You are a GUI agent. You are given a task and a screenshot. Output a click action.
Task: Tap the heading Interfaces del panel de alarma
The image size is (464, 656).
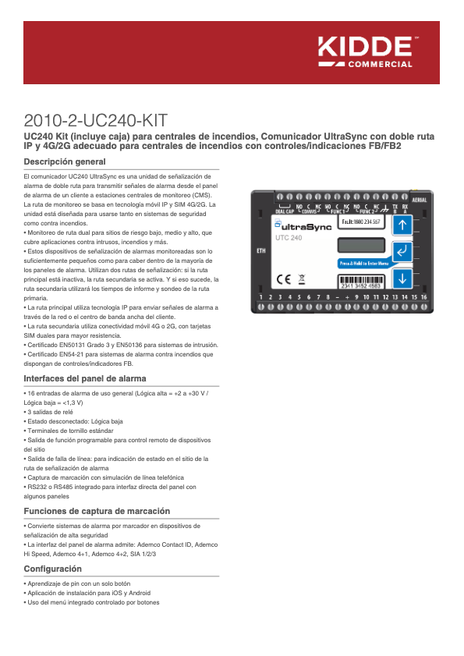click(x=85, y=378)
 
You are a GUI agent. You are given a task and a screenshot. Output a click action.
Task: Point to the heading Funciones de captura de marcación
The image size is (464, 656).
click(x=97, y=511)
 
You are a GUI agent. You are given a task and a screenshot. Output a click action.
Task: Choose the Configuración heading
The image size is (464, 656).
click(x=53, y=569)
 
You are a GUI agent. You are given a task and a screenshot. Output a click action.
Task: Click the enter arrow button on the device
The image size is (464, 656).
click(x=402, y=252)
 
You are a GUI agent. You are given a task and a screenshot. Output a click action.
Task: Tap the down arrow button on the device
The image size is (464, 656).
click(x=402, y=278)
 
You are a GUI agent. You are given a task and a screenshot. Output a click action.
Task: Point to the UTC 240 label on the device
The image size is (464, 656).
click(x=289, y=237)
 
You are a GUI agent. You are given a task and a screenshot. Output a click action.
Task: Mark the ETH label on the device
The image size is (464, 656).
click(x=260, y=251)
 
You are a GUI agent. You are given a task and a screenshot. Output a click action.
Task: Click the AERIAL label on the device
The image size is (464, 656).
click(x=419, y=200)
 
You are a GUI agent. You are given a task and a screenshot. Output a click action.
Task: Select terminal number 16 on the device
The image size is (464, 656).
click(x=425, y=297)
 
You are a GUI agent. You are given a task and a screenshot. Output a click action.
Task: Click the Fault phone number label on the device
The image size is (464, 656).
click(x=361, y=222)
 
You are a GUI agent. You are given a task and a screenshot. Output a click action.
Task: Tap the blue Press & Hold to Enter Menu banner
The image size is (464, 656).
click(x=363, y=264)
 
